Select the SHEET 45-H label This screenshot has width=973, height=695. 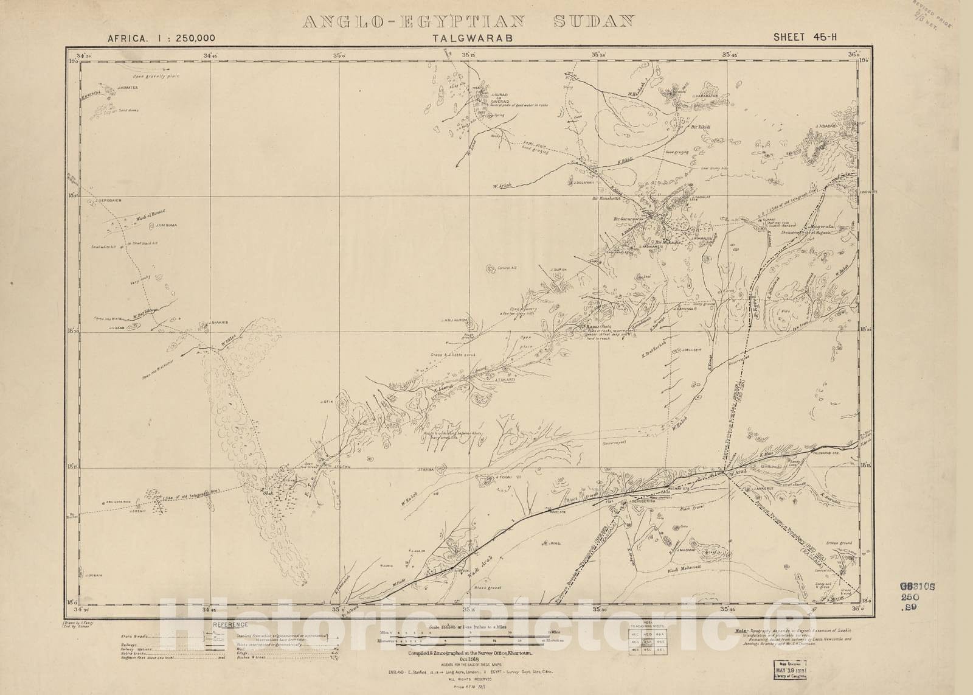805,37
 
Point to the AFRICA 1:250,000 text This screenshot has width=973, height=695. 161,38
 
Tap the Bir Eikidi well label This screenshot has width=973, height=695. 701,127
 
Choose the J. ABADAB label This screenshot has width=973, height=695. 831,126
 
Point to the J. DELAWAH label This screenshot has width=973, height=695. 583,181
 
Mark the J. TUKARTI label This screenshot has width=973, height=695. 505,380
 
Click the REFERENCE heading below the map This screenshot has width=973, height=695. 230,624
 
